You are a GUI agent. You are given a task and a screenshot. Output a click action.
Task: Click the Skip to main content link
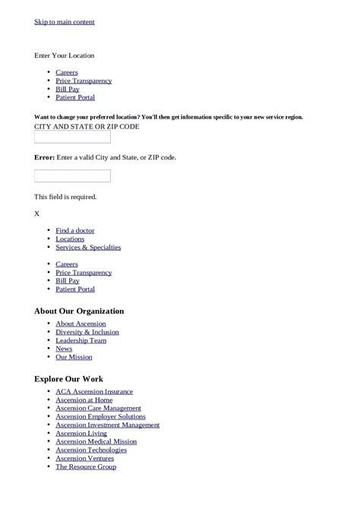coord(65,22)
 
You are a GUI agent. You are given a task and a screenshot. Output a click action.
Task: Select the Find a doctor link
coord(75,230)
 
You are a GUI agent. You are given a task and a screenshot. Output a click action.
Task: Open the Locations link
coord(70,239)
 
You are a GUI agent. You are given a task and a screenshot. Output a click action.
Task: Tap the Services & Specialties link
coord(88,247)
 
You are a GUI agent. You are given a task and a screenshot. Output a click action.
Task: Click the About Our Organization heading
coord(79,311)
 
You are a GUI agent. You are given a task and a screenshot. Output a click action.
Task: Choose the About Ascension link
coord(81,324)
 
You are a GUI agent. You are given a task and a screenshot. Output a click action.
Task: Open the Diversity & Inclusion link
coord(87,332)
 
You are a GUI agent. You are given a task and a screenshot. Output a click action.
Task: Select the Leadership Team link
coord(81,340)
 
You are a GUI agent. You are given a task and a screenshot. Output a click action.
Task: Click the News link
coord(64,349)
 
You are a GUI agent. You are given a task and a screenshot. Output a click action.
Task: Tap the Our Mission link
coord(74,357)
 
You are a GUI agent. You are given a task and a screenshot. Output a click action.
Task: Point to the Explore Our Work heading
coord(68,378)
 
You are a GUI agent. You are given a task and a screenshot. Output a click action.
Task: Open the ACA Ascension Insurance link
coord(94,391)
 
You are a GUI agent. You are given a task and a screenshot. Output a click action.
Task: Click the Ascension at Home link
coord(84,400)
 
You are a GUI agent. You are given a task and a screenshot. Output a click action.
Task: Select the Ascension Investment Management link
coord(108,425)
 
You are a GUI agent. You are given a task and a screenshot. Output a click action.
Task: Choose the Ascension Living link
coord(81,433)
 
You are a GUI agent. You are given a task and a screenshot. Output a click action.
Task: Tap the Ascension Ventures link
coord(84,458)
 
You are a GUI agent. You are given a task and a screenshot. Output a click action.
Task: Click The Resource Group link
coord(86,466)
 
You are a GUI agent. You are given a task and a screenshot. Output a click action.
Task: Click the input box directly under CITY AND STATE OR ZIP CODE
coord(72,138)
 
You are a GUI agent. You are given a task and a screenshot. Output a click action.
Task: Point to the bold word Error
coord(44,157)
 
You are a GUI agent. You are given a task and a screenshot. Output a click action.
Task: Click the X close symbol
coord(37,213)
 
